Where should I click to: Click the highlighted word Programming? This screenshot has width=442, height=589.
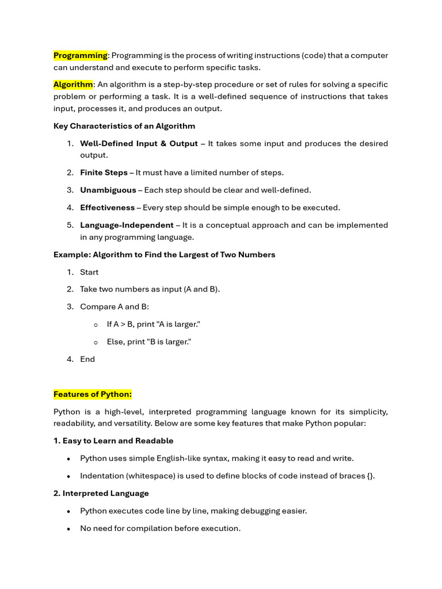click(81, 55)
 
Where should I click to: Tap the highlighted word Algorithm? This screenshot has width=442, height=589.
click(73, 85)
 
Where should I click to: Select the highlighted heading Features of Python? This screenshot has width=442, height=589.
click(93, 394)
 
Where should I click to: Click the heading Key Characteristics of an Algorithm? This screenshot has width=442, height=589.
click(124, 126)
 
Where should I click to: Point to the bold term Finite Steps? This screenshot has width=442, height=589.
click(104, 173)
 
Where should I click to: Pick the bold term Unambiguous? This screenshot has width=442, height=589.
click(108, 190)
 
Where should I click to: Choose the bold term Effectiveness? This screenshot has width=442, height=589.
click(107, 208)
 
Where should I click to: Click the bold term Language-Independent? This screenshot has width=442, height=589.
click(127, 225)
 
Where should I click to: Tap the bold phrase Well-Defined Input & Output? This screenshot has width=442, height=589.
click(139, 143)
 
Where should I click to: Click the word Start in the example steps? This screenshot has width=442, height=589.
click(89, 272)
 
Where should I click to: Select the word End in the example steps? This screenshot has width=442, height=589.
click(87, 359)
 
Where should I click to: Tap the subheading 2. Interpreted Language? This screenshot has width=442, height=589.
click(101, 493)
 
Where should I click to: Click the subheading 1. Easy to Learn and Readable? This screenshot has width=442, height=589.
click(113, 441)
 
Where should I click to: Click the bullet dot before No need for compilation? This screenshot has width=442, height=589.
click(69, 529)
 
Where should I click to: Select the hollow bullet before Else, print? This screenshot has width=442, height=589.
click(96, 342)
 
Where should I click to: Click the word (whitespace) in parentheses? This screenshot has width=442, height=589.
click(150, 476)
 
